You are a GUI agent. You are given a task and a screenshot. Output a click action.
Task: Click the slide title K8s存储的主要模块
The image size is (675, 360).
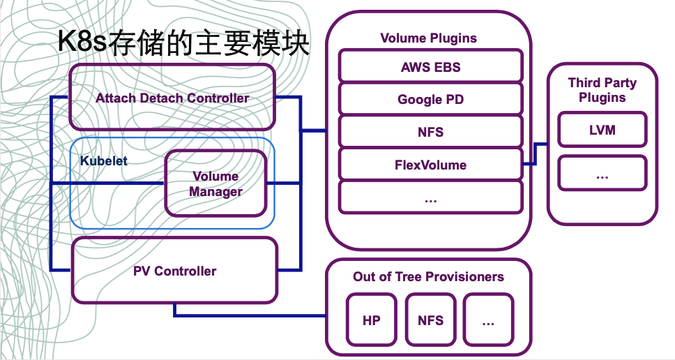(183, 43)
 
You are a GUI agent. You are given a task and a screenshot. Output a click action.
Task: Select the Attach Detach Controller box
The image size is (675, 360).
(172, 98)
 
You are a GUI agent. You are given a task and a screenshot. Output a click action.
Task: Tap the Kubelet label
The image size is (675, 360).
(104, 160)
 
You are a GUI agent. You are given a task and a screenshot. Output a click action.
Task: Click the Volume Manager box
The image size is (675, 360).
(215, 184)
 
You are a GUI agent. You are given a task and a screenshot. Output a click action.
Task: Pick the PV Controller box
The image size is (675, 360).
(174, 271)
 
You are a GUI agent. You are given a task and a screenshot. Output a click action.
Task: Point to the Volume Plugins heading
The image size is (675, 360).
(428, 38)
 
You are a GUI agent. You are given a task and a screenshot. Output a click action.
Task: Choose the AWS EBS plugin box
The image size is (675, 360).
(430, 67)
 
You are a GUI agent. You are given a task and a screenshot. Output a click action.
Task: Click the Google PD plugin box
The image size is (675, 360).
(430, 99)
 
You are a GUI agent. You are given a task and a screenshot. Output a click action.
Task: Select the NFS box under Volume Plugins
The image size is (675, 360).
(430, 132)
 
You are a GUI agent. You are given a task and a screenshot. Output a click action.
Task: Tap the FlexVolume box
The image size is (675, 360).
(430, 165)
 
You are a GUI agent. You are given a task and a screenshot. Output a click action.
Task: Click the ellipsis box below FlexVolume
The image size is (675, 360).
(430, 197)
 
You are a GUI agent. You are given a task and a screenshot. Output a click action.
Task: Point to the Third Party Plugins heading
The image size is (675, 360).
(602, 90)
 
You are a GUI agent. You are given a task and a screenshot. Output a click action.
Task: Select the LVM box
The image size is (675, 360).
(602, 130)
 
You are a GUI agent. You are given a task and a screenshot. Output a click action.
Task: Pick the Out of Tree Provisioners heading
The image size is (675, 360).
(428, 276)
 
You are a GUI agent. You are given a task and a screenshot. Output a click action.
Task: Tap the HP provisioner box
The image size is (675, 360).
(372, 320)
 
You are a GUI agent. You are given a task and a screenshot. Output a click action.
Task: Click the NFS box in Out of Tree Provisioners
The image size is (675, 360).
(430, 320)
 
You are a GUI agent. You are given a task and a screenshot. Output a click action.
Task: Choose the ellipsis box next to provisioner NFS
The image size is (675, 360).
(488, 320)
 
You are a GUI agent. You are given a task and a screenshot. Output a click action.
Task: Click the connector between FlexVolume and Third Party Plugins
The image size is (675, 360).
(535, 154)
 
